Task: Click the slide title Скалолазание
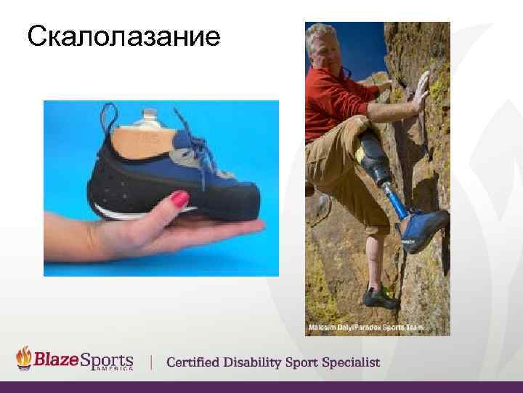tap(123, 36)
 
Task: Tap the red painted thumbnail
tap(179, 199)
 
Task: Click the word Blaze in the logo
tap(60, 360)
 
